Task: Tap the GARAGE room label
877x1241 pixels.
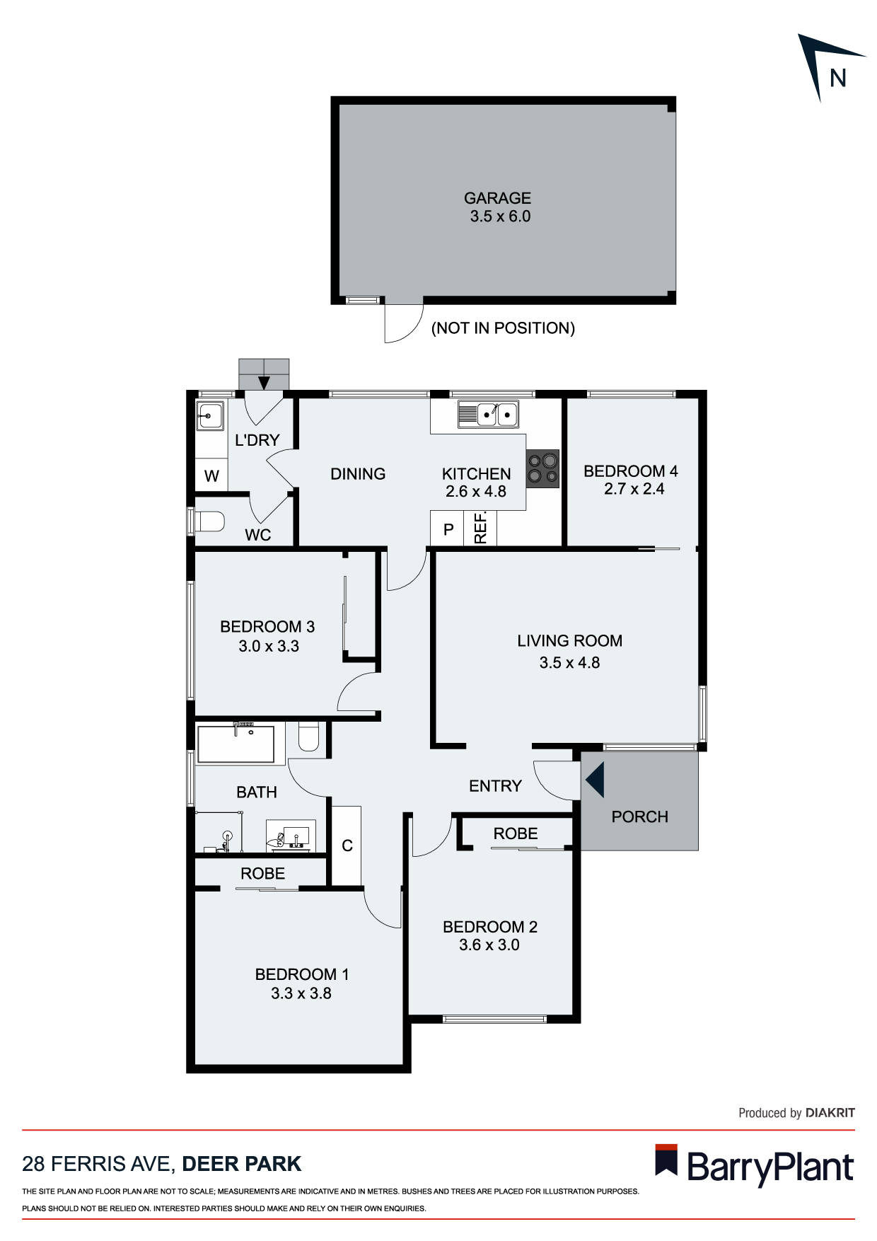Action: (497, 198)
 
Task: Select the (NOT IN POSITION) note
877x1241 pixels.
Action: (503, 328)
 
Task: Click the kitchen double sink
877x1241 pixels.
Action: (488, 414)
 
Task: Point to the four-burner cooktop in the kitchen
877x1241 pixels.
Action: (542, 469)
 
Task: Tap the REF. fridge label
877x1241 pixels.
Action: (480, 528)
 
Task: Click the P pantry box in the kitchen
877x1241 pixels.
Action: (448, 529)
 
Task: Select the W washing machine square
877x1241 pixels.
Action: (211, 475)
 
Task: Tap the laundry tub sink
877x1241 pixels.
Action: (209, 415)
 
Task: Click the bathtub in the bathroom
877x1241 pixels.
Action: (236, 744)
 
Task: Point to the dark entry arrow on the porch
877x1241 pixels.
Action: (595, 780)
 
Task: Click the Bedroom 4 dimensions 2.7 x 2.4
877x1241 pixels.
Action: (634, 489)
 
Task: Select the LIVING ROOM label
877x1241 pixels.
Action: (569, 640)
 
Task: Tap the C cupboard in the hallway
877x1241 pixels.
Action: (347, 845)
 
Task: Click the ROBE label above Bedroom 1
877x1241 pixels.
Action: (262, 874)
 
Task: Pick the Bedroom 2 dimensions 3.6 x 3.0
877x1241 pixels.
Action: (489, 945)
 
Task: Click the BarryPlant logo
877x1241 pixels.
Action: (755, 1167)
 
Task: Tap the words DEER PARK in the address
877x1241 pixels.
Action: (242, 1164)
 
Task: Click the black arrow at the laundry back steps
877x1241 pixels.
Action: (264, 383)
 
